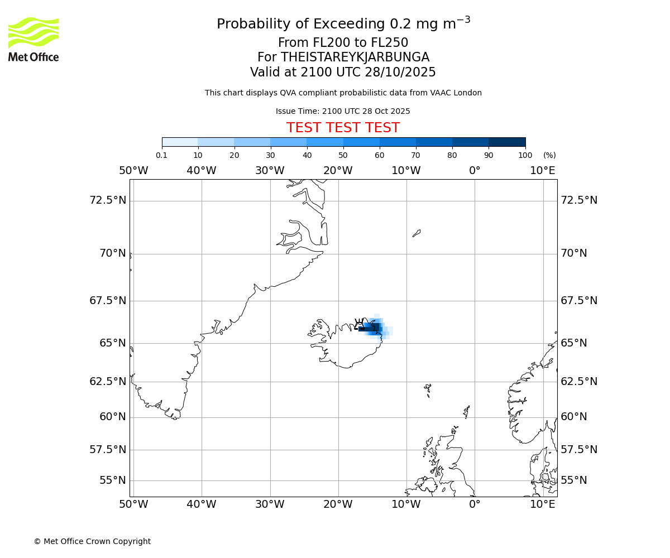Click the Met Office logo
[x=33, y=39]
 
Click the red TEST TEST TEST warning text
[x=343, y=128]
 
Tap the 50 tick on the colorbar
[x=343, y=155]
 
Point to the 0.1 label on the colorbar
[x=161, y=155]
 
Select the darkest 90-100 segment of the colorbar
[x=507, y=142]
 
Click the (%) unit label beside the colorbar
[x=549, y=155]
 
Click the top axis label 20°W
[x=338, y=170]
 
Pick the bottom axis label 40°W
[x=202, y=504]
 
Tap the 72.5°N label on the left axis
[x=108, y=200]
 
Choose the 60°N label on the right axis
[x=574, y=416]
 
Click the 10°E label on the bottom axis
[x=543, y=504]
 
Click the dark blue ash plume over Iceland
[x=376, y=327]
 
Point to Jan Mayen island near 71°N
[x=417, y=233]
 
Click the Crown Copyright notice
[x=92, y=541]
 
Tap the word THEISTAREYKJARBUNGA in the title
[x=355, y=57]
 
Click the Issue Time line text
[x=343, y=111]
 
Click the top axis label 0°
[x=475, y=170]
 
